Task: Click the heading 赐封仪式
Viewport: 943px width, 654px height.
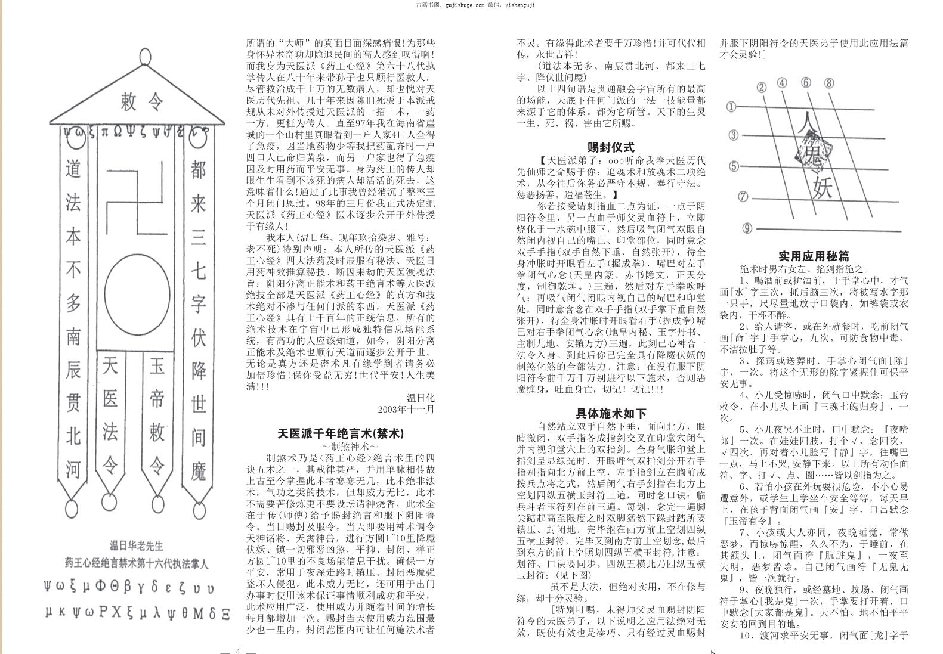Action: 611,147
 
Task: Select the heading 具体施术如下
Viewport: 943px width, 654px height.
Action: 611,413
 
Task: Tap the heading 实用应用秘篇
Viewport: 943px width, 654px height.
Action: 814,256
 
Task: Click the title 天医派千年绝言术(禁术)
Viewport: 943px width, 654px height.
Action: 341,433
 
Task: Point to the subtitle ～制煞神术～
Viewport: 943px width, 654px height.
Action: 341,446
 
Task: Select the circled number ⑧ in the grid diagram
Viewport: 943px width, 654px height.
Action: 829,83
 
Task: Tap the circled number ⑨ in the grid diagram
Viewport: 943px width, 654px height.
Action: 748,228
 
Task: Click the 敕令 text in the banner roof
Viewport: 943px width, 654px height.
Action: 141,101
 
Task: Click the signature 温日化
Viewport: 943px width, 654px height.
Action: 421,398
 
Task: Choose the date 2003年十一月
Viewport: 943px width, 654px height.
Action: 406,410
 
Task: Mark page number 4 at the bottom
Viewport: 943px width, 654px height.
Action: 237,650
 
